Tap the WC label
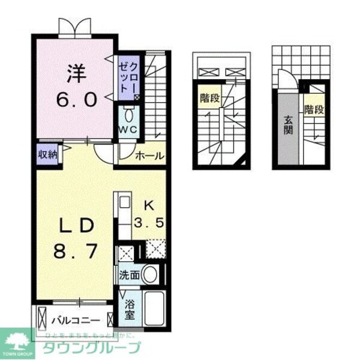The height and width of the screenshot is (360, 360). pos(128,130)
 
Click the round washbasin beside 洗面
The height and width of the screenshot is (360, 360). pos(151,275)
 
